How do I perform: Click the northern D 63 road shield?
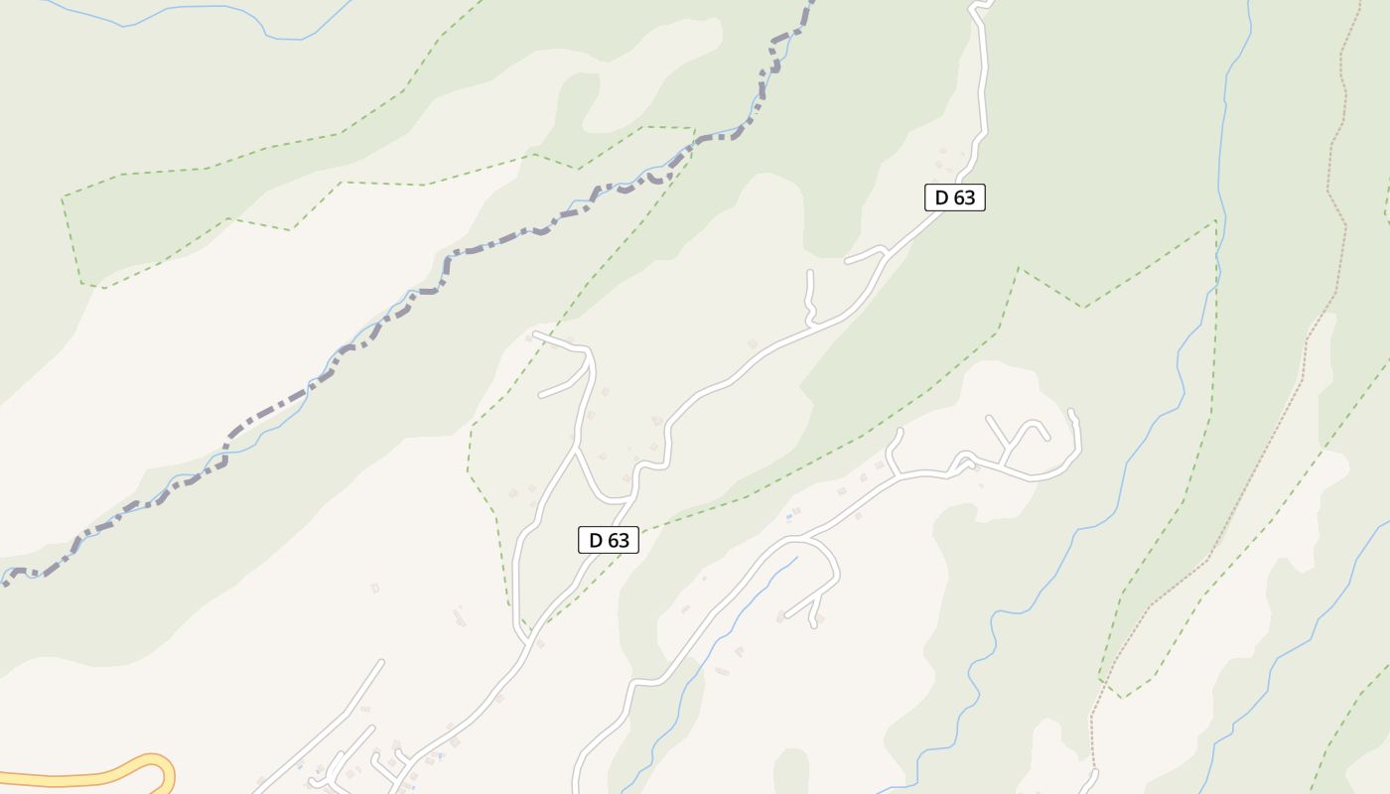point(955,198)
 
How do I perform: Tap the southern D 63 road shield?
point(609,540)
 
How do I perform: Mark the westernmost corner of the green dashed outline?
point(63,198)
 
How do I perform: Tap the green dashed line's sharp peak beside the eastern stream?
point(1215,221)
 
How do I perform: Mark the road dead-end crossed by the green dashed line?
point(535,334)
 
